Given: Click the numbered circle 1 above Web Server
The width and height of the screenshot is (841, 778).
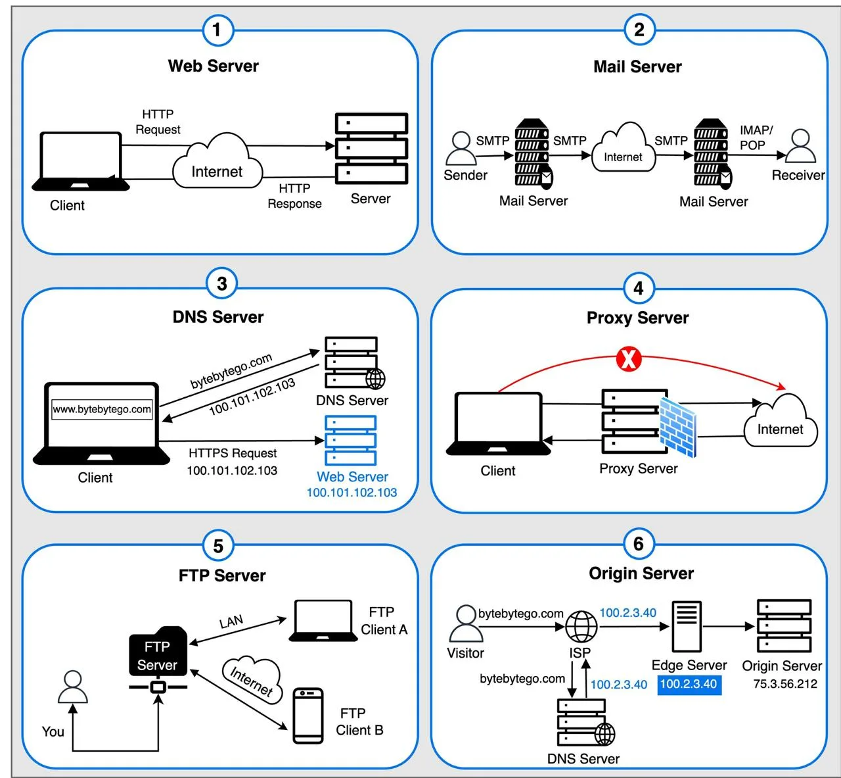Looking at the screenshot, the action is coord(217,30).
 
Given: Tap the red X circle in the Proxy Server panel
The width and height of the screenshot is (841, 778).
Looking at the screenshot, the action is coord(628,359).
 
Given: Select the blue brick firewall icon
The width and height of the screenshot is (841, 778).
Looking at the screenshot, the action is coord(678,427).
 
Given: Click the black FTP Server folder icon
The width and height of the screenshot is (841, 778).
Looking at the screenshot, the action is coord(158,651).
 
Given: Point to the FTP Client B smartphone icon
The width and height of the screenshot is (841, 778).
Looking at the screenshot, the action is coord(308,716).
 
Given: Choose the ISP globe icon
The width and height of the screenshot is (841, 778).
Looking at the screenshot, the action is coord(581,626).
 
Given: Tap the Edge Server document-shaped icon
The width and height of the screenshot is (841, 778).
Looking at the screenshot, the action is coord(687,626).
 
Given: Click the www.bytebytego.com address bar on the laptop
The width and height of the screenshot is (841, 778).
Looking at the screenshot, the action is coord(102,409).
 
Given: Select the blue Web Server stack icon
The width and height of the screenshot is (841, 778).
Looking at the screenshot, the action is coord(350,440).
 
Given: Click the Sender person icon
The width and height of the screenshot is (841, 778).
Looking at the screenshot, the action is coord(461,148).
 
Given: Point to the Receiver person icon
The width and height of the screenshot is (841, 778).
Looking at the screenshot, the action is coord(800,146).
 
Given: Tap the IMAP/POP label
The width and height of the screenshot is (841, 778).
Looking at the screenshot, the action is coord(756,137).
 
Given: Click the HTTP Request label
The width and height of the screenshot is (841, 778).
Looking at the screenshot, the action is coord(158,122).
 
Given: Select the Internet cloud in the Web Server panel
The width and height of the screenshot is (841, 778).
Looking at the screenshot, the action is coord(217,161).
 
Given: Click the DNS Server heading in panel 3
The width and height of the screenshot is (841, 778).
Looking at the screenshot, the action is coord(218,317).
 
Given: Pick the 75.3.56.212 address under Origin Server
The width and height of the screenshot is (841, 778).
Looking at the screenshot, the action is coord(785,684).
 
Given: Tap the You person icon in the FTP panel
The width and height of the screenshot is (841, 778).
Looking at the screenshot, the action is coord(73,687).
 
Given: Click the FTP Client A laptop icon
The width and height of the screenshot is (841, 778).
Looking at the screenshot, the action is coord(323,621).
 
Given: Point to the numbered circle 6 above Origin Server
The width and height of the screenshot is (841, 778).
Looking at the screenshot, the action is coord(639,544).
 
